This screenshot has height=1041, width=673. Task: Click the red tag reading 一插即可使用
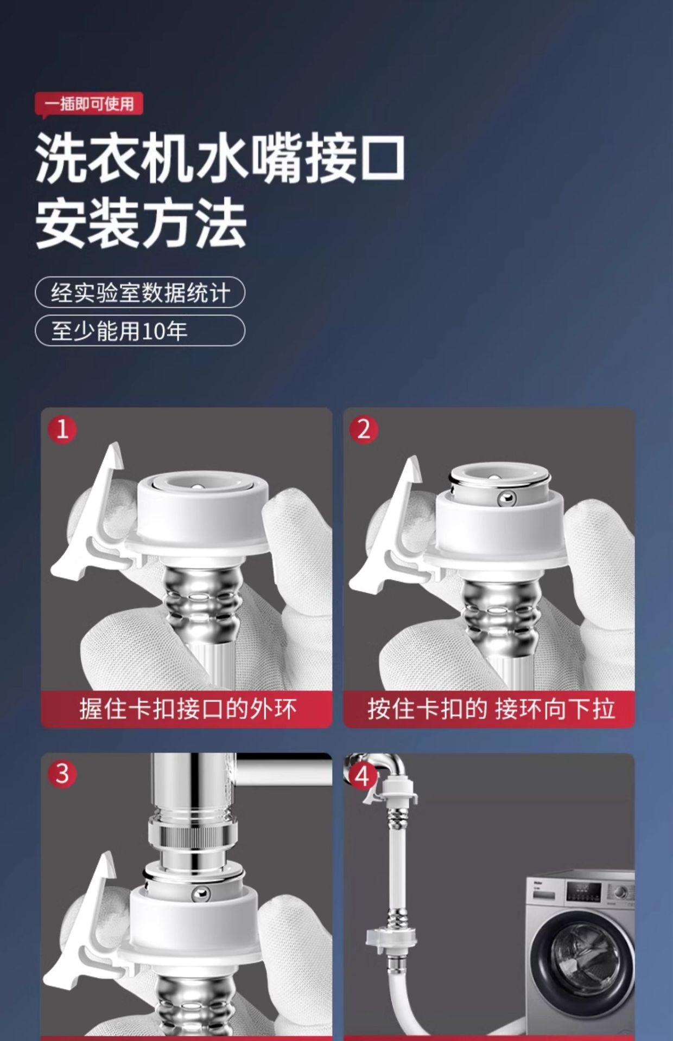[x=88, y=104]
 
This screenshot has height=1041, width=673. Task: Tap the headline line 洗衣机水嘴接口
[x=220, y=158]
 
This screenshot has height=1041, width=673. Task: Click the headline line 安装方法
[x=141, y=222]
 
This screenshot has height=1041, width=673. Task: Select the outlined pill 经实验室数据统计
[x=140, y=293]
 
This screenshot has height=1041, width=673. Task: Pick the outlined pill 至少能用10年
[x=140, y=330]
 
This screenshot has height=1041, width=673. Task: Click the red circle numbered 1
[x=62, y=429]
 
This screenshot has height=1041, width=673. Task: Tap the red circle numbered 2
[x=364, y=429]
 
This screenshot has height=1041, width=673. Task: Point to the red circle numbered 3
[x=62, y=774]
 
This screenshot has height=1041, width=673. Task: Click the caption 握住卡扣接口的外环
[x=188, y=709]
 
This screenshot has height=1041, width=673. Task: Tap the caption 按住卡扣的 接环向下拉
[x=491, y=709]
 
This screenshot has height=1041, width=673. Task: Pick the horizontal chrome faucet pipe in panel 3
[x=284, y=769]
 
